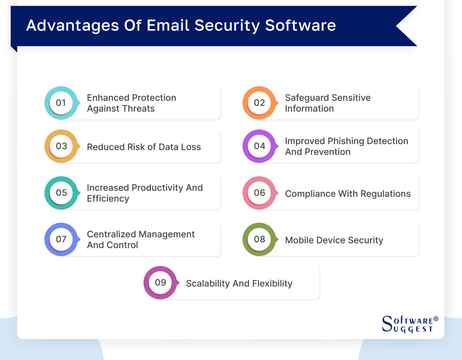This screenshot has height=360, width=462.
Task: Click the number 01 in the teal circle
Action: pyautogui.click(x=61, y=103)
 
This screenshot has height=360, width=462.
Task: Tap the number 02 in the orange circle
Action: pyautogui.click(x=259, y=103)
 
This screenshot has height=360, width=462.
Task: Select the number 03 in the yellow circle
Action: pyautogui.click(x=61, y=146)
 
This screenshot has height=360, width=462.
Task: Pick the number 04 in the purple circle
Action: pyautogui.click(x=259, y=146)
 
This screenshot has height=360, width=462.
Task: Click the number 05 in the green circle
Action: pyautogui.click(x=61, y=192)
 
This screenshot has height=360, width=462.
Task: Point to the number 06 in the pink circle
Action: pyautogui.click(x=259, y=192)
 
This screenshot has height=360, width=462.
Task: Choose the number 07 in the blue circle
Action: pyautogui.click(x=61, y=239)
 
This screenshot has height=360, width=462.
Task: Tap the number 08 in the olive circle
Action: pyautogui.click(x=259, y=239)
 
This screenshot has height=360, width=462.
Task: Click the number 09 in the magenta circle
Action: pyautogui.click(x=160, y=282)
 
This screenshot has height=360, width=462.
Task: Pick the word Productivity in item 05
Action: pyautogui.click(x=157, y=188)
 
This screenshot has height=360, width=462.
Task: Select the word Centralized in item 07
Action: pyautogui.click(x=112, y=234)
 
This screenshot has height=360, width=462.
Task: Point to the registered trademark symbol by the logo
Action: pyautogui.click(x=436, y=319)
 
